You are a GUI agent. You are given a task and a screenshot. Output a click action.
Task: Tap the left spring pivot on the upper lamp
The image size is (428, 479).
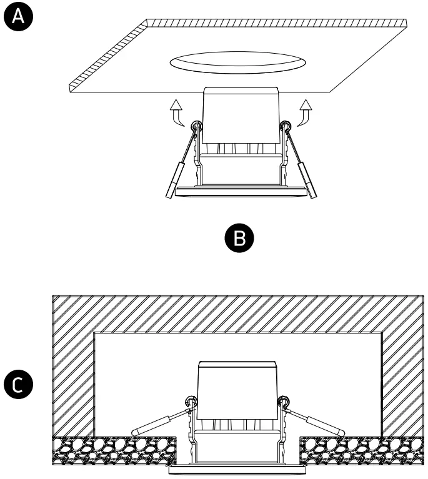(196, 127)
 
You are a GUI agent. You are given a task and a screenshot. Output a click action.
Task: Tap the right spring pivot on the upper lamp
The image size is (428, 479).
(286, 127)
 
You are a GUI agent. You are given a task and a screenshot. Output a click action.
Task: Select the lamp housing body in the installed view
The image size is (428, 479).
(237, 390)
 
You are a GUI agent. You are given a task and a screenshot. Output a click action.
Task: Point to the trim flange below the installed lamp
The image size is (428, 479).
(237, 469)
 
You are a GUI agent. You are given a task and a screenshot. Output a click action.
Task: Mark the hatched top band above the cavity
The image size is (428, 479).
(237, 312)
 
